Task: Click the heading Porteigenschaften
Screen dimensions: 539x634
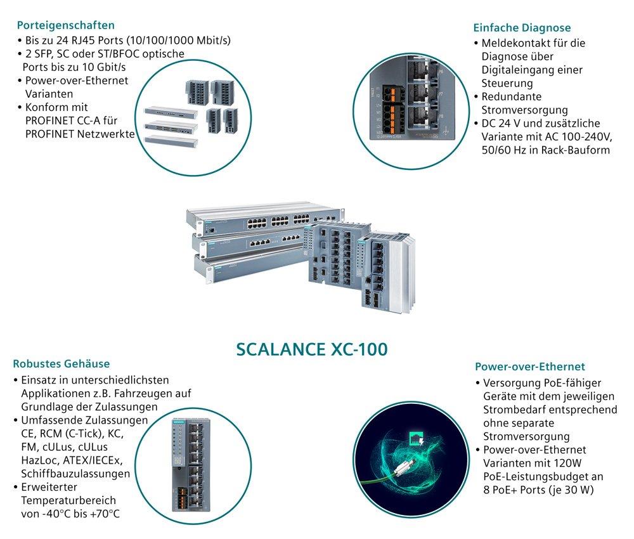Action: [x=66, y=25]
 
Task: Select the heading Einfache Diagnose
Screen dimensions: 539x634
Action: [x=522, y=28]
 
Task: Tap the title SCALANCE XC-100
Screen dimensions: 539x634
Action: [x=311, y=349]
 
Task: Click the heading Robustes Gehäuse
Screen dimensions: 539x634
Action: [x=61, y=364]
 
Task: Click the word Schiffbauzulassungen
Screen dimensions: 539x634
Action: [x=75, y=474]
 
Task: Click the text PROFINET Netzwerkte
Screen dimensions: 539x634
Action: [x=79, y=133]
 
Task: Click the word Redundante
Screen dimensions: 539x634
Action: [x=511, y=96]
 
